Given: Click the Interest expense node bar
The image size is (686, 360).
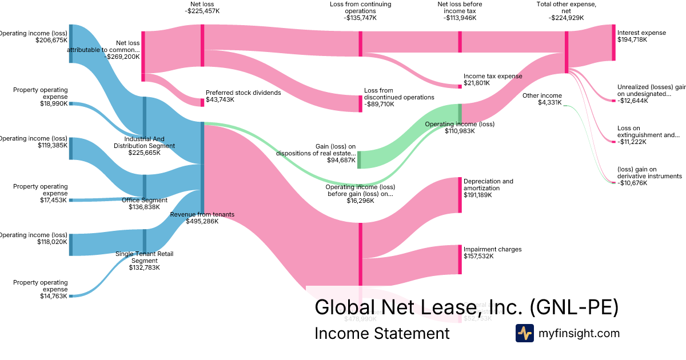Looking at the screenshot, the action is (613, 42).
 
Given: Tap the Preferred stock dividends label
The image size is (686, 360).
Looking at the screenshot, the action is (243, 93).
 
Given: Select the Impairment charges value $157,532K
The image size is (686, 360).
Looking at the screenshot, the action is (478, 257).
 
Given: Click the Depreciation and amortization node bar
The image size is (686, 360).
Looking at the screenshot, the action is (460, 195).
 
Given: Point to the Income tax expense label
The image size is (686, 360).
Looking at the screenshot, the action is (492, 76).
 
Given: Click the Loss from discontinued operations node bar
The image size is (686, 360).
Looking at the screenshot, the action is (360, 101).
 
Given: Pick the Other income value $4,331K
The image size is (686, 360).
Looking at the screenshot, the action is (549, 103).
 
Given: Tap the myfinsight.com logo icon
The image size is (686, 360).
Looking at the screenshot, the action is (524, 333).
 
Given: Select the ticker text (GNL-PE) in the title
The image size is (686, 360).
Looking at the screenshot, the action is (574, 307).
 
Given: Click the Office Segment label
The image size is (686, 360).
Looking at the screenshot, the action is (145, 200).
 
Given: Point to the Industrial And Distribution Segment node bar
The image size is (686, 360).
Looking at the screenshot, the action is (145, 118).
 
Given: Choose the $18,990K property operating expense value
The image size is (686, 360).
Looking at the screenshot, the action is (53, 103).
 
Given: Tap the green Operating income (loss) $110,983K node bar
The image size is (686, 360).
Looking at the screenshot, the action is (460, 113).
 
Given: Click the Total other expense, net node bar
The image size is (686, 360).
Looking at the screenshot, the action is (567, 52).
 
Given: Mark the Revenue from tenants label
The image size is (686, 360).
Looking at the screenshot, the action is (202, 214).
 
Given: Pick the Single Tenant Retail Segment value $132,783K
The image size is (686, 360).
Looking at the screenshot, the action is (144, 267).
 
